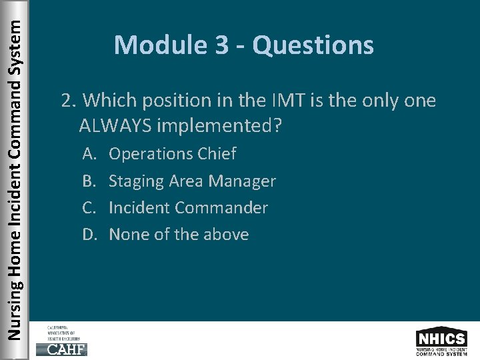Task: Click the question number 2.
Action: [x=66, y=101]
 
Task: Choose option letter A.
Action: [x=89, y=154]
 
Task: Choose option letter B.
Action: [x=89, y=181]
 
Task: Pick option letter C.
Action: [x=89, y=207]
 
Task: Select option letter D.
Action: [x=89, y=234]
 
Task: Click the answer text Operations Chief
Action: [x=172, y=154]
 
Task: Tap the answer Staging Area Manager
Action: [x=192, y=181]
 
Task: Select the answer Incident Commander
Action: [x=188, y=207]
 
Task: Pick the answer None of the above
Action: [x=179, y=234]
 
